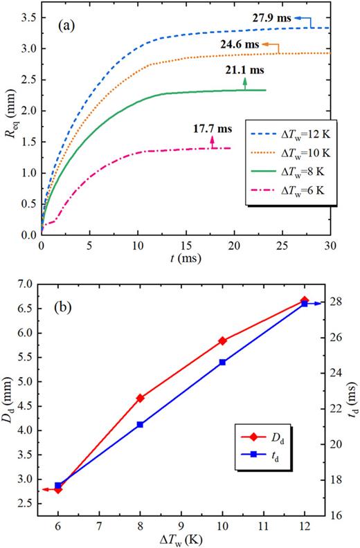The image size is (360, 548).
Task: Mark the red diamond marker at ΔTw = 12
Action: click(305, 301)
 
